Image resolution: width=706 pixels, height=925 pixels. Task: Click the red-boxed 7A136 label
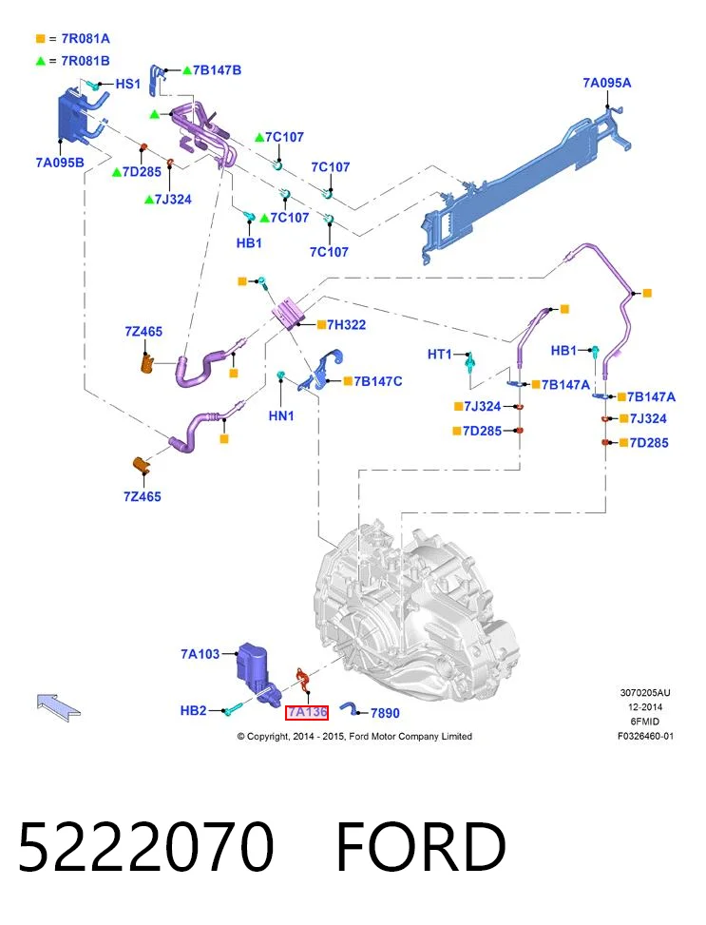pos(307,713)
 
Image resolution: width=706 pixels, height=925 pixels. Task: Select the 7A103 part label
pos(200,654)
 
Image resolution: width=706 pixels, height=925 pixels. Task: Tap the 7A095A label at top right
pos(607,83)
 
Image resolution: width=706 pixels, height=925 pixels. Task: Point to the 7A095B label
pos(60,163)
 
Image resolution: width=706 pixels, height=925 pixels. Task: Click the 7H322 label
pos(346,324)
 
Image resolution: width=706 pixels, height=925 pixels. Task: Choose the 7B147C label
pos(378,381)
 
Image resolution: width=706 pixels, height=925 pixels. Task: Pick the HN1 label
pos(281,415)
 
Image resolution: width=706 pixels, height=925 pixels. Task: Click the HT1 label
pos(439,354)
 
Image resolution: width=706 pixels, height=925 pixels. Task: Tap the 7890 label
pos(385,713)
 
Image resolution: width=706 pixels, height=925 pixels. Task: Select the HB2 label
pos(194,710)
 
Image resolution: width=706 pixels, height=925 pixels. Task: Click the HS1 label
pos(128,84)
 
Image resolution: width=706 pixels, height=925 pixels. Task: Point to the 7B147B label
pos(217,70)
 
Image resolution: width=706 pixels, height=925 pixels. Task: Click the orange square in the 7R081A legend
pos(40,39)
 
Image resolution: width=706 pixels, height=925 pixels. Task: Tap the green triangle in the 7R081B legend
pos(40,61)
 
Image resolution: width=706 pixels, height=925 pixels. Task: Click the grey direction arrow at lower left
pos(58,705)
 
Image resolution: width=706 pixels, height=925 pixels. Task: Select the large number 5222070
pos(146,846)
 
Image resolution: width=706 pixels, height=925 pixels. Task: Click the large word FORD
pos(421,846)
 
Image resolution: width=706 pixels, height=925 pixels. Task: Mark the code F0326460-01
pos(645,736)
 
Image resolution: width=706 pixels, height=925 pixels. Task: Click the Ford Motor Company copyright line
pos(354,736)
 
